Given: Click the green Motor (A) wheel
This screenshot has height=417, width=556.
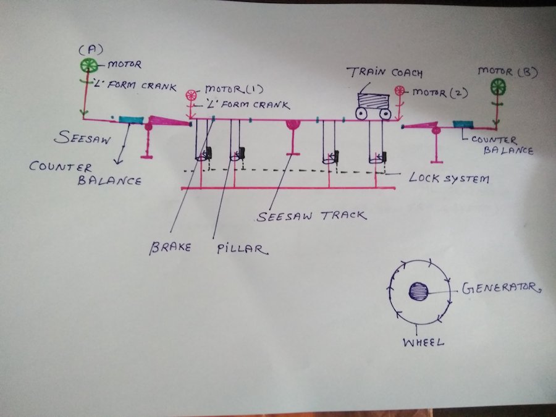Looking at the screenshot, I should pos(88,66).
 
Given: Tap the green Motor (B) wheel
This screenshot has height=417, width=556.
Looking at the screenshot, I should pos(498,86).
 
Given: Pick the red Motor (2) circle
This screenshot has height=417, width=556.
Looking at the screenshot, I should pos(400,91).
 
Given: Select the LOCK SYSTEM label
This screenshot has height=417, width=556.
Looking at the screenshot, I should pos(449,179).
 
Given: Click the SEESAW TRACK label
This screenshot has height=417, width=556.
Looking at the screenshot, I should pos(311,216).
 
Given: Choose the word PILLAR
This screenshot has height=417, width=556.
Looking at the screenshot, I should pos(242,250).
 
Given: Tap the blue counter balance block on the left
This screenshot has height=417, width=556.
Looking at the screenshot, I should pos(130,119).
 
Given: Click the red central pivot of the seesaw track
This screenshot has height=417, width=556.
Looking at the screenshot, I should pos(292,125).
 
